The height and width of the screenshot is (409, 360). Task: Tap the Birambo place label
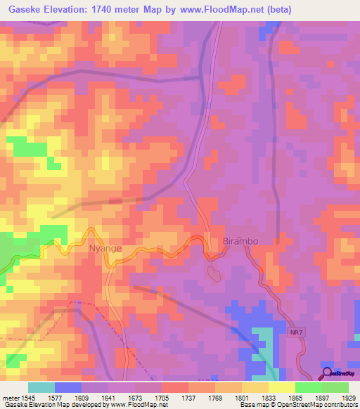click(240, 241)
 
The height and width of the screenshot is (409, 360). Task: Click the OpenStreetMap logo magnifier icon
click(328, 373)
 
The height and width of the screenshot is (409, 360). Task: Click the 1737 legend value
click(188, 396)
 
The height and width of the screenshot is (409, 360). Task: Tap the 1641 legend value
click(108, 396)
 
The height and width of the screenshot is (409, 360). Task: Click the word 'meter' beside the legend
click(10, 396)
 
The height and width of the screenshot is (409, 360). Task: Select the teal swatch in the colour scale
click(41, 387)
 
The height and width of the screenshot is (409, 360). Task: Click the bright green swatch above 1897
click(308, 387)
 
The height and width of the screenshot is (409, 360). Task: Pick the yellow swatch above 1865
click(281, 387)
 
